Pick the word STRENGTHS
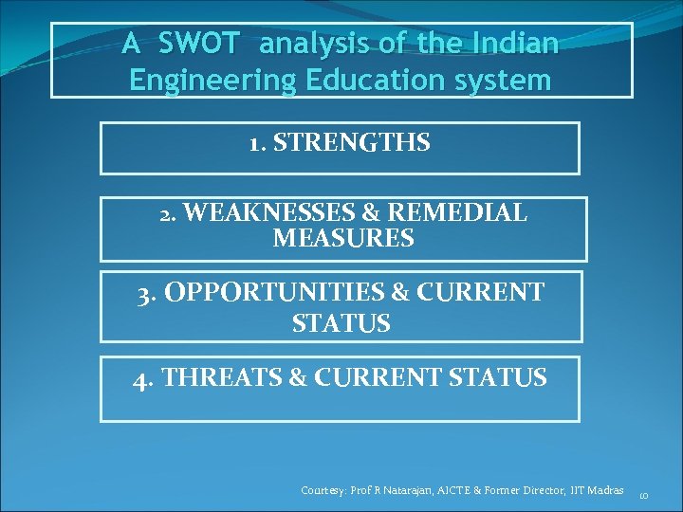tap(352, 143)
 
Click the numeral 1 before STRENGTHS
tap(254, 143)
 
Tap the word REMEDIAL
tap(466, 213)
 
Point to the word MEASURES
tap(343, 239)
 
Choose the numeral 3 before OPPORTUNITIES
tap(145, 292)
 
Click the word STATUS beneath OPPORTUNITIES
tap(341, 323)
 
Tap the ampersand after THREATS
tap(297, 378)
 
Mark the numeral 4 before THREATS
tap(142, 379)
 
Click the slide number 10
tap(643, 494)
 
